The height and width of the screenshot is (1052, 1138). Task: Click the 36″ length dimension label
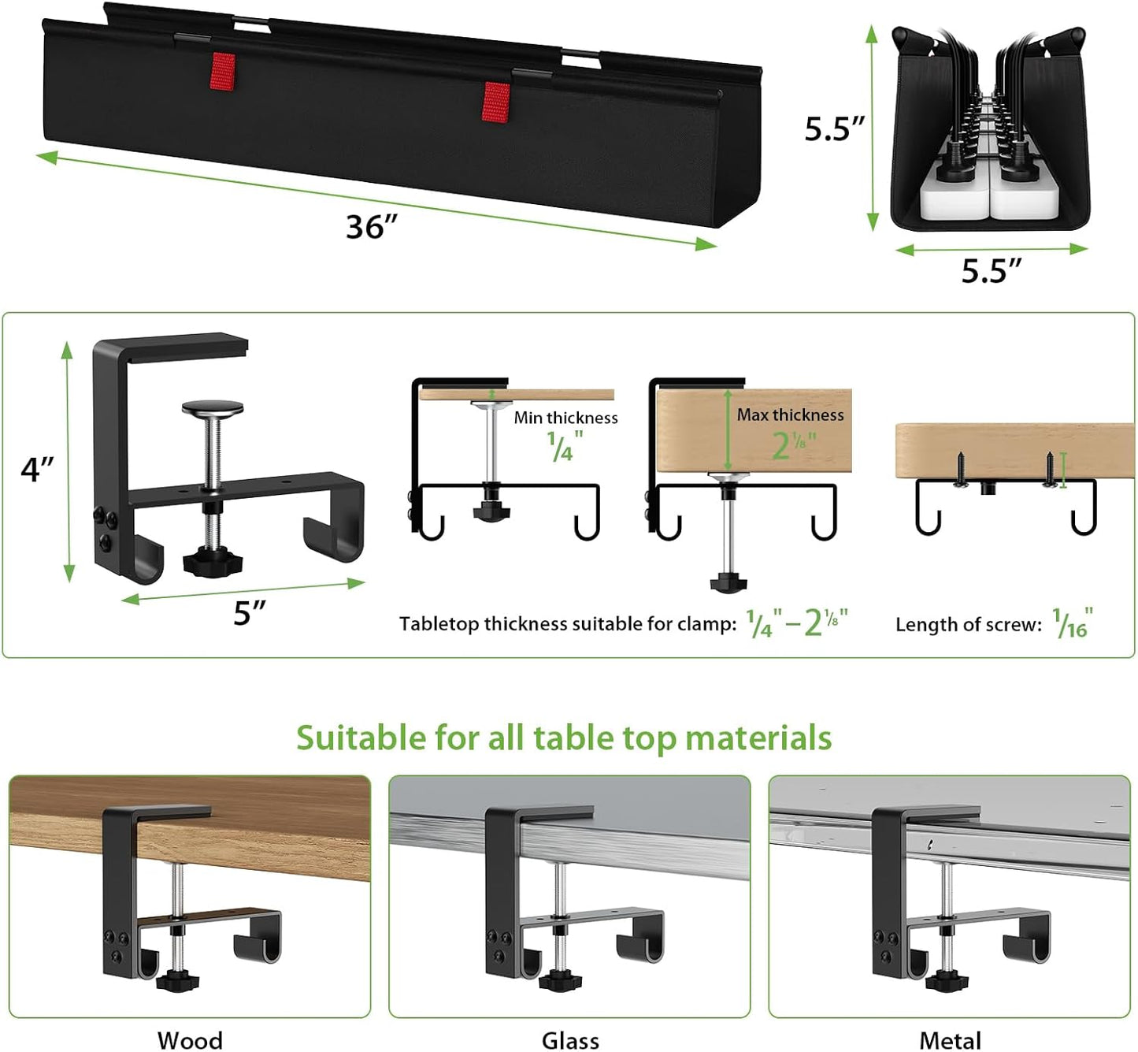371,227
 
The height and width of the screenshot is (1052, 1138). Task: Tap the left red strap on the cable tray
223,72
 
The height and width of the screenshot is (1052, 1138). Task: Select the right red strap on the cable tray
495,102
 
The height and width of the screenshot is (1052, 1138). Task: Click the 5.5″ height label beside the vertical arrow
833,128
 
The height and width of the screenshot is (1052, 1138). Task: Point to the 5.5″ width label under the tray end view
991,271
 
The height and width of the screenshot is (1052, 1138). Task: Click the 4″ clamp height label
37,469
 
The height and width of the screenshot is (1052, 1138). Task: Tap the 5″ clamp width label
250,613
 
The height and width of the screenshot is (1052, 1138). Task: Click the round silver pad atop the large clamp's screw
213,408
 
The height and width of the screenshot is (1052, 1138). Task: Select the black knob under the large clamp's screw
212,562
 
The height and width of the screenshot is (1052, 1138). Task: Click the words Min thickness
565,418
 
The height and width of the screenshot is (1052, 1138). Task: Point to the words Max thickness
790,414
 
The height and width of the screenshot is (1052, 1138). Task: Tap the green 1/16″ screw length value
1073,623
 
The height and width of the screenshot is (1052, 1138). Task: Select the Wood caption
190,1039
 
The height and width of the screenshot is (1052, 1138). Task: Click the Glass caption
570,1039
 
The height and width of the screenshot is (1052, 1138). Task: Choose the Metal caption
950,1039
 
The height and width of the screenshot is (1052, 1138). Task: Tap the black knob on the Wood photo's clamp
177,981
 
